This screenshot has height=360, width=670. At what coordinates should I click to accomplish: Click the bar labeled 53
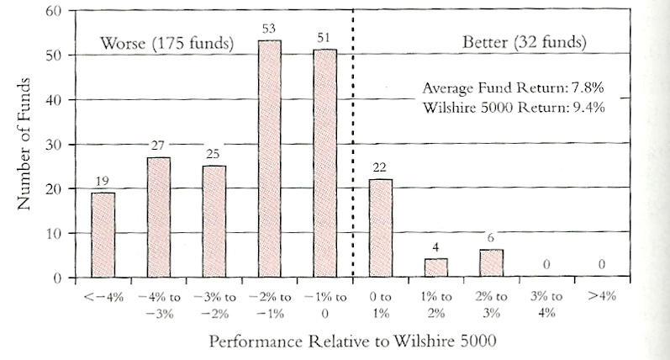pos(269,159)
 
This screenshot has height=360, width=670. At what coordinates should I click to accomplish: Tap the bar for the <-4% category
pos(103,235)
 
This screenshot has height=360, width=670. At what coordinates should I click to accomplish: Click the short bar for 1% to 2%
pos(435,267)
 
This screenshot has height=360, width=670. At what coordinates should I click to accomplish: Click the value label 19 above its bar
pos(103,182)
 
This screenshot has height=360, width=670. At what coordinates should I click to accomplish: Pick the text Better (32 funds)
pos(525,42)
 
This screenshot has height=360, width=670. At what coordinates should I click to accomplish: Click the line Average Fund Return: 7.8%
pos(513,88)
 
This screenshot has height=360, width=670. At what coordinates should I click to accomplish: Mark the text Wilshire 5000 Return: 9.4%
pos(513,107)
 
